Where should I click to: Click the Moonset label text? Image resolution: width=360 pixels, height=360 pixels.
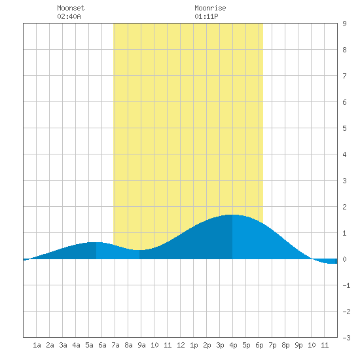tap(71, 8)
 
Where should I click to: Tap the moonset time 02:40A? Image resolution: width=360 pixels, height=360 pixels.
tap(69, 16)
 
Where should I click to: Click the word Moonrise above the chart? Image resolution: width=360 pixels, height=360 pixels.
tap(210, 8)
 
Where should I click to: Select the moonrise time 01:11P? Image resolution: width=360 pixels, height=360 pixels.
tap(206, 16)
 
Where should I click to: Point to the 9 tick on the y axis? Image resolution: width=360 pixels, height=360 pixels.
tap(344, 24)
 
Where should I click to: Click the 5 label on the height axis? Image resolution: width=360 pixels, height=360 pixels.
tap(344, 128)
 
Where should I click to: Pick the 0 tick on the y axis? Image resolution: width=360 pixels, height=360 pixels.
tap(344, 259)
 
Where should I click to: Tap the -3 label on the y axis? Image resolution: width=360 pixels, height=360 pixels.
tap(346, 338)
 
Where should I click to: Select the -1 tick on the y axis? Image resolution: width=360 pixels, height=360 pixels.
tap(346, 285)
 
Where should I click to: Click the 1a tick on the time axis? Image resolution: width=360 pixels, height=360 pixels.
tap(37, 345)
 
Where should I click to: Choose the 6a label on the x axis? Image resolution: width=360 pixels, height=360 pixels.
tap(102, 345)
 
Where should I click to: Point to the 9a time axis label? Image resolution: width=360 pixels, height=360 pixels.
tap(141, 345)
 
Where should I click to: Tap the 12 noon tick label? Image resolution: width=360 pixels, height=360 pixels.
tap(181, 345)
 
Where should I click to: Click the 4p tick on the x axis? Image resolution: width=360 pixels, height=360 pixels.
tap(233, 345)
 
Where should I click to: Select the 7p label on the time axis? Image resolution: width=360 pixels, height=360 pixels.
tap(272, 345)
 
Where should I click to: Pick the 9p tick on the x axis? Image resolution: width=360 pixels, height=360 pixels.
tap(298, 345)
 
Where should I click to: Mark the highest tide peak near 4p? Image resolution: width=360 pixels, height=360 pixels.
tap(232, 215)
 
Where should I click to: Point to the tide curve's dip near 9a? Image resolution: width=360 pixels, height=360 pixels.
tap(139, 250)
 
